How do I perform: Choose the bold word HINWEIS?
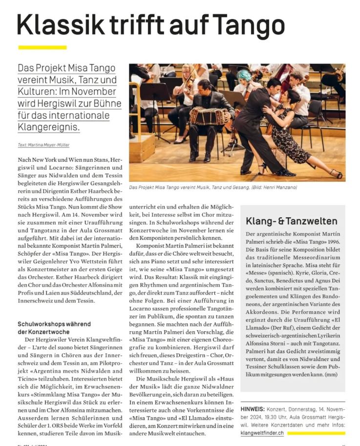point(257,408)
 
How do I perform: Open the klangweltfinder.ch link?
point(262,433)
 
